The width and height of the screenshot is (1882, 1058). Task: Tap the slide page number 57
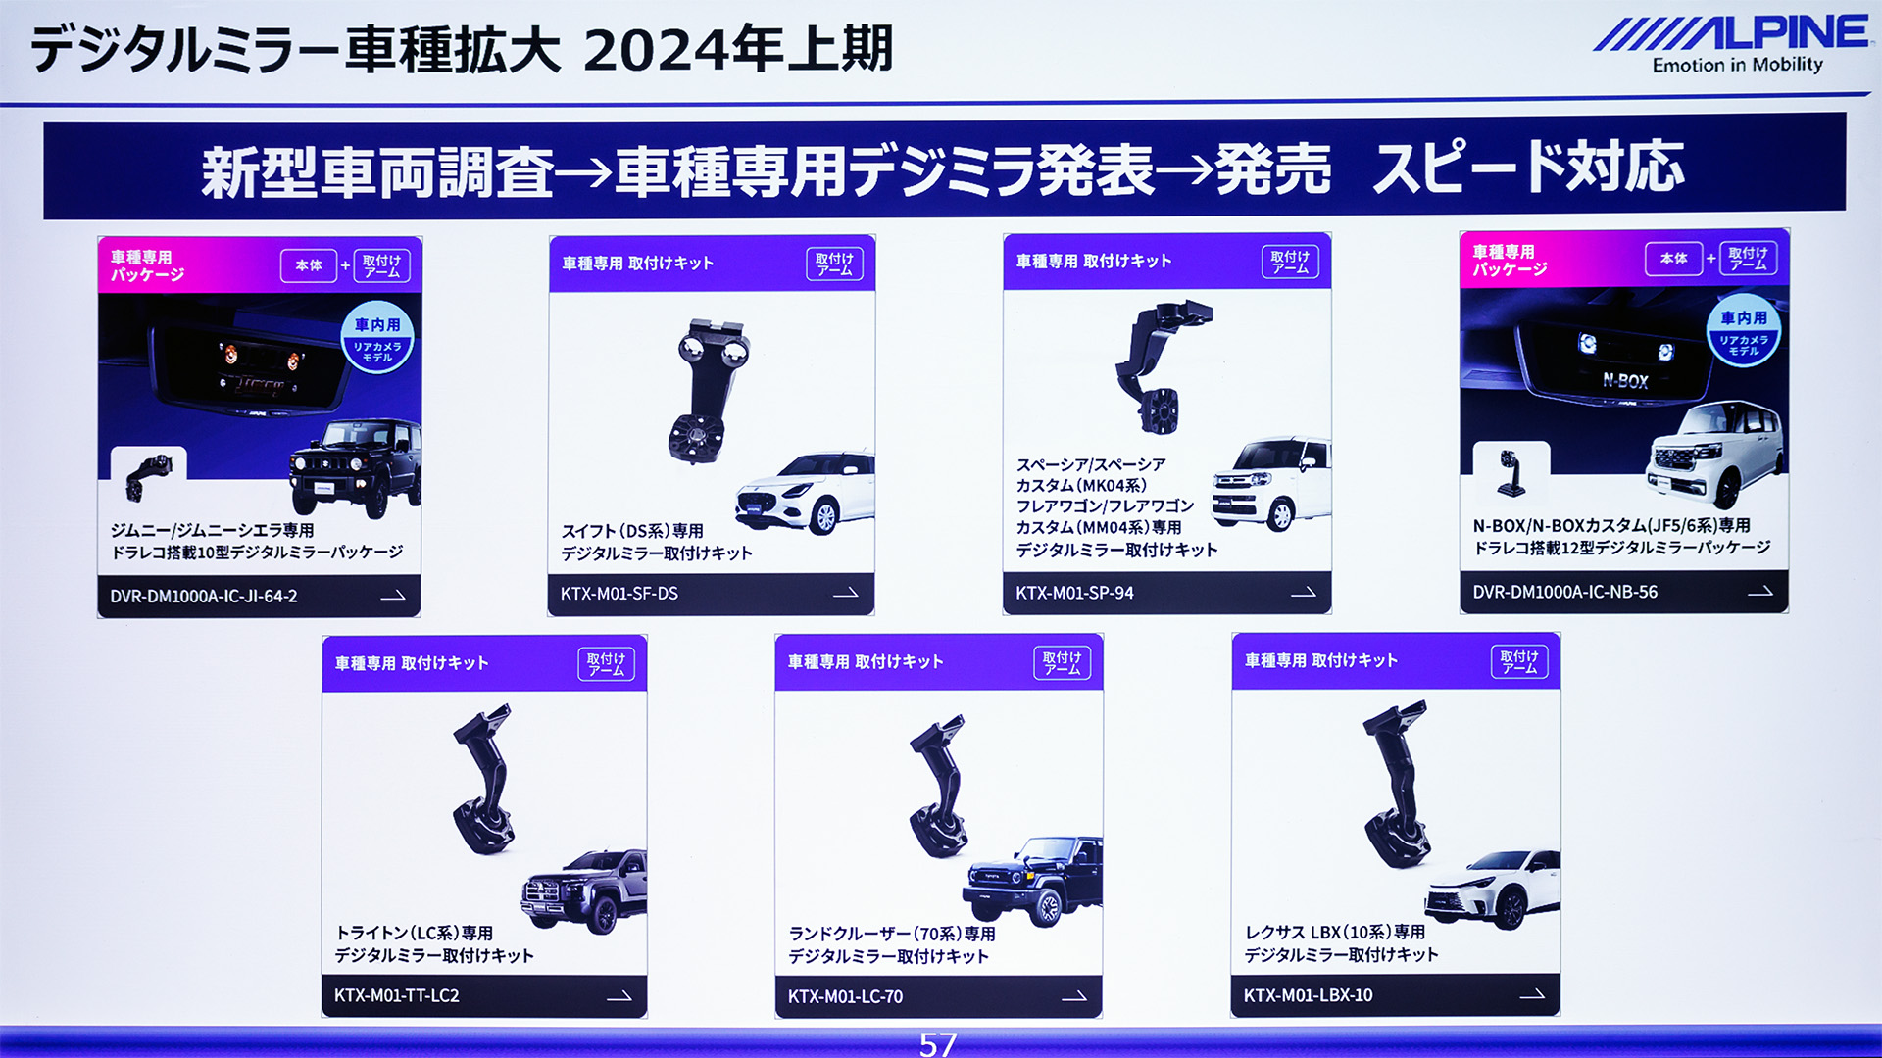coord(937,1044)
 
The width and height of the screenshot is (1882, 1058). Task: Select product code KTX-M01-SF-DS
coord(619,594)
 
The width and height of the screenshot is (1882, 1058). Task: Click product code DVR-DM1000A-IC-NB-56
coord(1564,592)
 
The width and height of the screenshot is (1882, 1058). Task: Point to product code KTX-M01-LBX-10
coord(1308,995)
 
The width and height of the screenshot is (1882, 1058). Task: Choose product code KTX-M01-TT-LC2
coord(396,995)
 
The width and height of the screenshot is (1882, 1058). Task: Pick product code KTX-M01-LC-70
coord(845,996)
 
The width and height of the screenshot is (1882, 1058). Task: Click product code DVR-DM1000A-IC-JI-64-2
coord(203,596)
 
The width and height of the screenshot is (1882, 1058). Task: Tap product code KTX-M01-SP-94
coord(1074,593)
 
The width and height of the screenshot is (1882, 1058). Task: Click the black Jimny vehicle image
coord(355,466)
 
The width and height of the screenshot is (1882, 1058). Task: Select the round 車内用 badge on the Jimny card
coord(377,339)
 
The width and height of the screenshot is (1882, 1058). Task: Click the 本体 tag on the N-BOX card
coord(1673,259)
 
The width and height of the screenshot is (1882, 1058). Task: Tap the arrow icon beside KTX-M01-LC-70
coord(1074,996)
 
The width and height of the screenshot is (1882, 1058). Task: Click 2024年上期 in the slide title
coord(738,49)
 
